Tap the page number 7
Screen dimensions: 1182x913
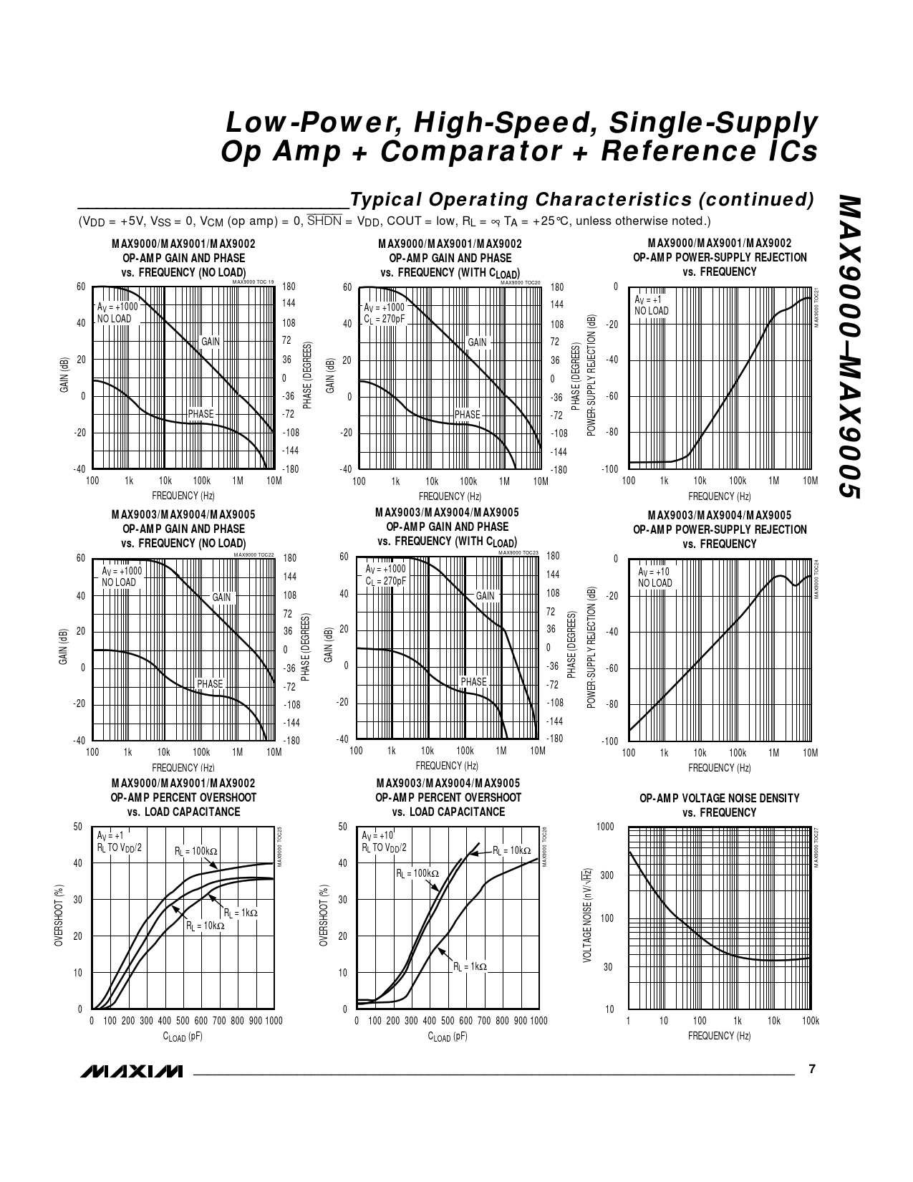coord(811,1069)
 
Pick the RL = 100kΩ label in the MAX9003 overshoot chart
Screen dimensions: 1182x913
coord(417,873)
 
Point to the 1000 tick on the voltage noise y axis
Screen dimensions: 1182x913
coord(605,827)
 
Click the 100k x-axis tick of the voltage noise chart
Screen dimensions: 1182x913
coord(810,1021)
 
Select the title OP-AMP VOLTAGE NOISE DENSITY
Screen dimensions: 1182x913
coord(719,798)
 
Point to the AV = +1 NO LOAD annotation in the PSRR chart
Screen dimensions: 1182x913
coord(651,305)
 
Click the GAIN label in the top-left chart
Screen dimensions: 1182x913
coord(211,342)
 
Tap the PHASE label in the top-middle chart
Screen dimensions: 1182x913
coord(468,414)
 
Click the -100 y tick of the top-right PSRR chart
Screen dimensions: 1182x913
coord(609,469)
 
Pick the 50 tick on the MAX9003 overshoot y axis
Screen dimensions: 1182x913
coord(342,827)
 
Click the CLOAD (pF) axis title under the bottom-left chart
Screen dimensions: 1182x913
coord(182,1036)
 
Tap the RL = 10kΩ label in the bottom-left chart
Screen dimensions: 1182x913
coord(205,926)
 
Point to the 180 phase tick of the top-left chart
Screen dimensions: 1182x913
coord(289,287)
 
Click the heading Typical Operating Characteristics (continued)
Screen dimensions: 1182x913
coord(581,199)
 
